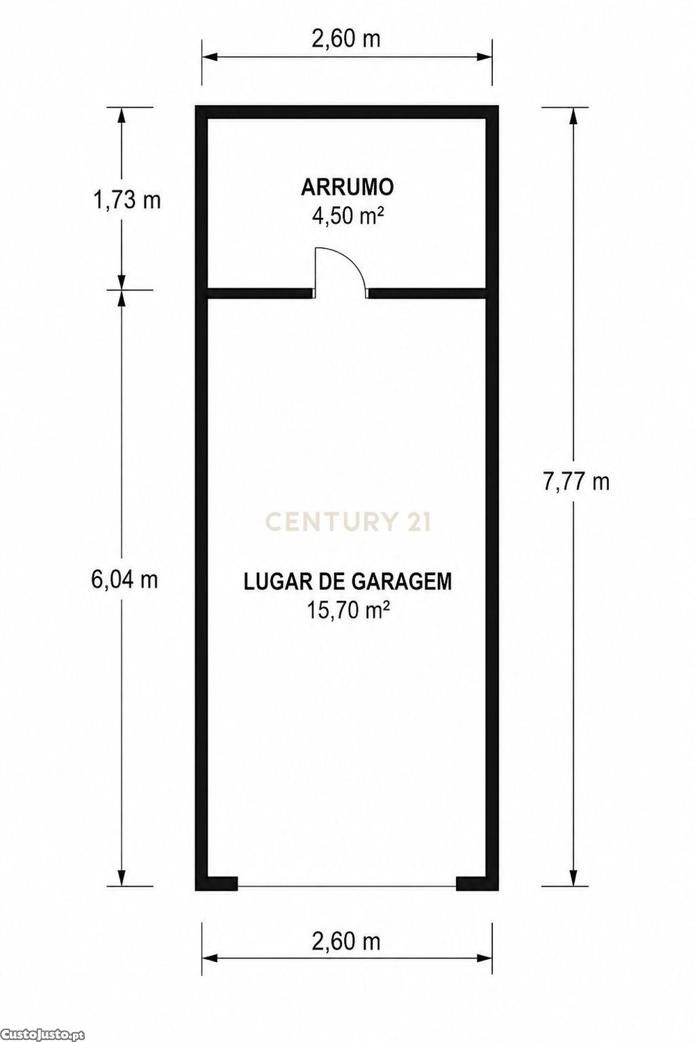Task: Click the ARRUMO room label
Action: [347, 187]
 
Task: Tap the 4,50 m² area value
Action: [347, 216]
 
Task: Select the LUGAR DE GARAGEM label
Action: [347, 581]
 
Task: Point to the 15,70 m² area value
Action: [347, 611]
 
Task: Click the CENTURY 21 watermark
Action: [347, 522]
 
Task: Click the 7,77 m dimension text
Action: [576, 481]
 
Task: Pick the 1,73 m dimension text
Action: [127, 201]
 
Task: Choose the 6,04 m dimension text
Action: [125, 579]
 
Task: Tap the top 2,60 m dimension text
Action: [346, 39]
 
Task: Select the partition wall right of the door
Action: [427, 293]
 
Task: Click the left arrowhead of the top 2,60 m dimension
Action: [209, 57]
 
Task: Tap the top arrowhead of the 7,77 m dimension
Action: [573, 115]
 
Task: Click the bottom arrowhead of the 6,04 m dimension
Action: [122, 878]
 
